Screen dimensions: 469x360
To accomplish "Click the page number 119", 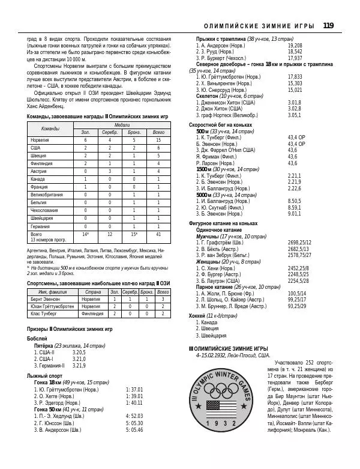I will (x=328, y=25).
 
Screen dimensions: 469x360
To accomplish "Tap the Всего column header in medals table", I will (x=158, y=132).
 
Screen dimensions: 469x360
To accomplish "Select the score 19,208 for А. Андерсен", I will (x=295, y=45).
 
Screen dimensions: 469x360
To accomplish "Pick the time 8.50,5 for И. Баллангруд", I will (x=294, y=201).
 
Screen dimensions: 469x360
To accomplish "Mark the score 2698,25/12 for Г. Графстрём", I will (x=299, y=243).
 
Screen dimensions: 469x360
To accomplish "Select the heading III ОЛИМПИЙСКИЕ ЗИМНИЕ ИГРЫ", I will (x=229, y=348).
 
